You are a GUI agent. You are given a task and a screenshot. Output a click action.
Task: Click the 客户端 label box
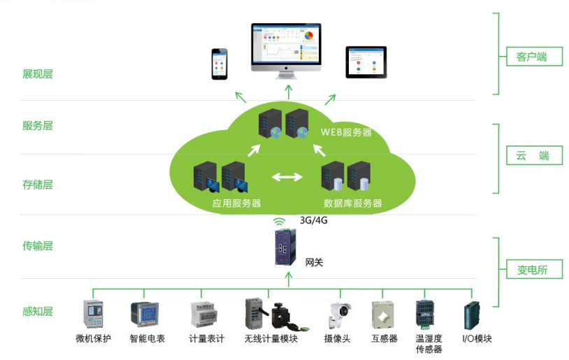[x=534, y=57]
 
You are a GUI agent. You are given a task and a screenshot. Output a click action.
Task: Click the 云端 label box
[x=534, y=155]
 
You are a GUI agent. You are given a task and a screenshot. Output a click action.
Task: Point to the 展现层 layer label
[x=38, y=74]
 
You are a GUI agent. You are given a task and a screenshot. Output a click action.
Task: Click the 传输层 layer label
[x=38, y=246]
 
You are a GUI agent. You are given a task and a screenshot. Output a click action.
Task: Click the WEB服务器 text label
[x=346, y=132]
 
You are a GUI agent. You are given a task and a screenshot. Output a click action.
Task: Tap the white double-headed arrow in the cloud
[x=287, y=176]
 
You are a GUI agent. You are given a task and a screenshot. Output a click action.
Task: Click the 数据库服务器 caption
[x=353, y=203]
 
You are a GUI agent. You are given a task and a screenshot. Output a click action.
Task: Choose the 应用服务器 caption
[x=237, y=203]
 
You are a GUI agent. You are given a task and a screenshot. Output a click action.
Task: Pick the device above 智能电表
[x=144, y=314]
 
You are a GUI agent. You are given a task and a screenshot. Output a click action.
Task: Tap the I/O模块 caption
[x=477, y=339]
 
